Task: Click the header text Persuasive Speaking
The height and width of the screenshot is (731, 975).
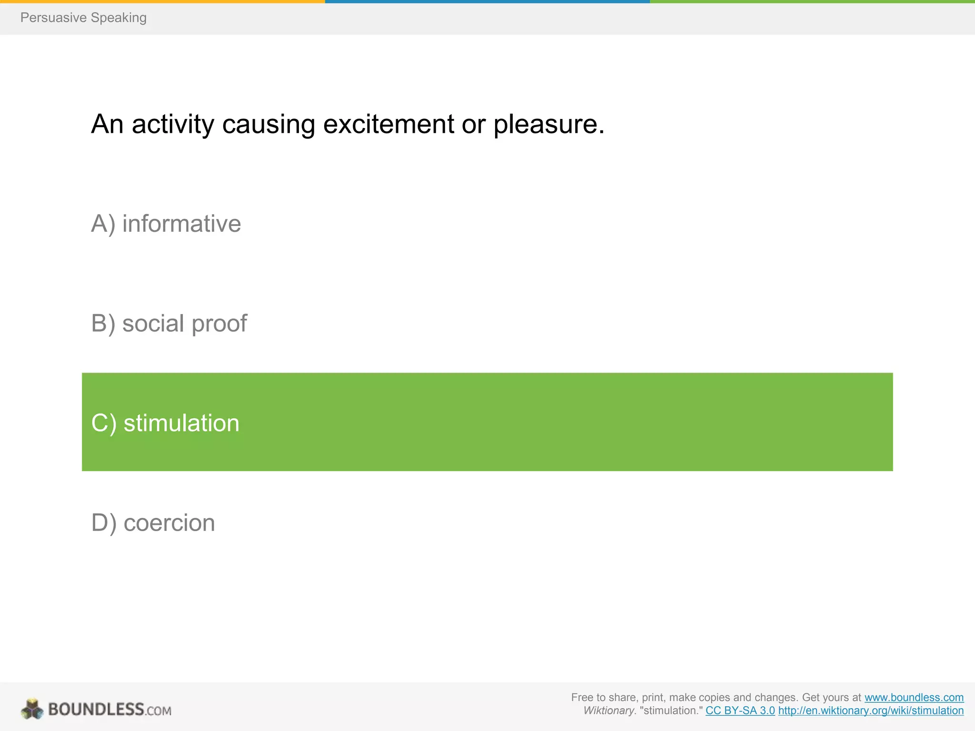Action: click(x=83, y=18)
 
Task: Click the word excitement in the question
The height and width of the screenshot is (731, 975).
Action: click(x=388, y=124)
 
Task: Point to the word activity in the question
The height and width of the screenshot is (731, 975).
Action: click(x=173, y=125)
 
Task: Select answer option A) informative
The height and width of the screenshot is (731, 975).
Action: click(x=166, y=224)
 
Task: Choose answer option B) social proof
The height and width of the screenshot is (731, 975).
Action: click(x=169, y=324)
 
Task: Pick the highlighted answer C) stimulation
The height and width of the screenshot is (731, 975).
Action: click(x=165, y=423)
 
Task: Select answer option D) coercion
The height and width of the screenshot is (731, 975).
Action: click(x=153, y=523)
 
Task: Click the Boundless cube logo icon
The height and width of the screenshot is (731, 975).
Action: click(x=32, y=709)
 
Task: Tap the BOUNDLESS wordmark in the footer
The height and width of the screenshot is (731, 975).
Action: click(x=96, y=709)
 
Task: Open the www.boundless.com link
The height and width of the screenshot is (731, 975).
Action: click(x=914, y=697)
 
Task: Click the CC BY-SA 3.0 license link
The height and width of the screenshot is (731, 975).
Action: click(x=740, y=711)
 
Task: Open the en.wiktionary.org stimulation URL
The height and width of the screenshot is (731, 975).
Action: click(x=871, y=711)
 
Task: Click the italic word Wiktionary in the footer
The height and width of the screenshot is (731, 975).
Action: click(x=609, y=711)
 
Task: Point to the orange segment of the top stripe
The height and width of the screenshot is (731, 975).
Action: click(x=162, y=1)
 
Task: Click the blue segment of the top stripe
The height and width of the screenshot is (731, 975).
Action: click(x=487, y=1)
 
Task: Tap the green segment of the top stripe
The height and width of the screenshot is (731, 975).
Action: click(x=812, y=1)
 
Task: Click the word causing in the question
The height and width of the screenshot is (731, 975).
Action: click(x=269, y=125)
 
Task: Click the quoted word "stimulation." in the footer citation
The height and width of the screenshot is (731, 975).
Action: click(x=671, y=711)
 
